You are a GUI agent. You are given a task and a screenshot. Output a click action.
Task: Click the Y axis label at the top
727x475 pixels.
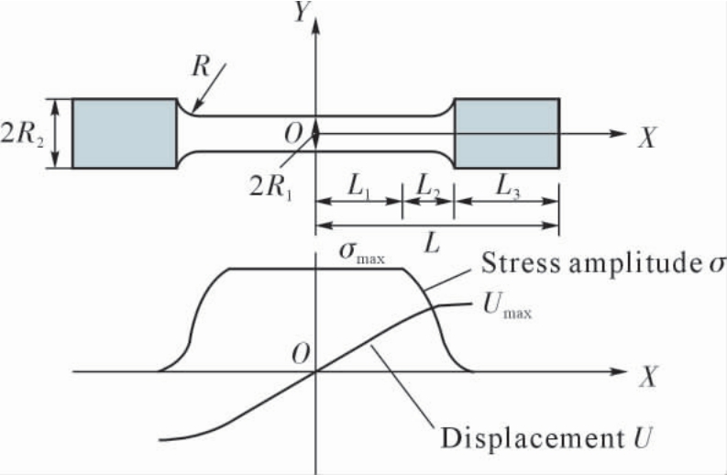(x=302, y=12)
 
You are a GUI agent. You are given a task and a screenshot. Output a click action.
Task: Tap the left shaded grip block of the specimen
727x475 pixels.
(x=125, y=134)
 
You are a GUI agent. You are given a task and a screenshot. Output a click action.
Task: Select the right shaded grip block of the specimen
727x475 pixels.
(x=507, y=134)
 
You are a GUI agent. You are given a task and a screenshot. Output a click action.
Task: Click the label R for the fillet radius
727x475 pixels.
(x=201, y=67)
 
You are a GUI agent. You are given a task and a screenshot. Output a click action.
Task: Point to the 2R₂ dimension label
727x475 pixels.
(x=22, y=134)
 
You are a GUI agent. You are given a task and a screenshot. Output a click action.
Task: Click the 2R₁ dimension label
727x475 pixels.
(x=271, y=186)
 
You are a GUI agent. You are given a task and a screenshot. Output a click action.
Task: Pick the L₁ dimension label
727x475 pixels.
(x=358, y=186)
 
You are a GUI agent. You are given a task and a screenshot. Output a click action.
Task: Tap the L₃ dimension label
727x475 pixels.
(x=508, y=186)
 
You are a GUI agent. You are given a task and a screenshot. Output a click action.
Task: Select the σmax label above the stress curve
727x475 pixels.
(x=361, y=253)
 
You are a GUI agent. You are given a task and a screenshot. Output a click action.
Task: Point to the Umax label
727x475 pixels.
(x=507, y=306)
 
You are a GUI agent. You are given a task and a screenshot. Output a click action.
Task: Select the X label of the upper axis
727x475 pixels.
(x=647, y=138)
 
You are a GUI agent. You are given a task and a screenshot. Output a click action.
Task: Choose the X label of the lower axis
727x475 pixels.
(x=648, y=376)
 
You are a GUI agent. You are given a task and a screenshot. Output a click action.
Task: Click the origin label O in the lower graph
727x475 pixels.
(x=301, y=355)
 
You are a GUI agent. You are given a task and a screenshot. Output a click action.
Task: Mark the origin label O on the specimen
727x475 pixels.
(x=293, y=134)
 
